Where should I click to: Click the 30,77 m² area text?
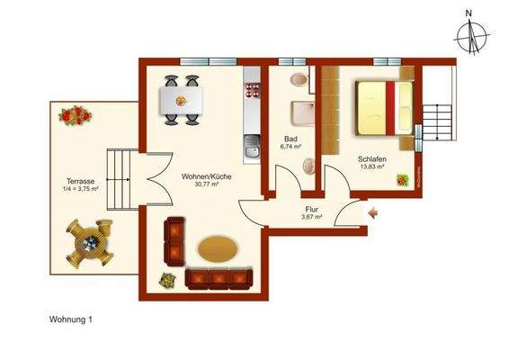pos(206,185)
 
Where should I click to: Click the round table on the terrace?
pos(90,243)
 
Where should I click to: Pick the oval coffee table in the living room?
pos(218,248)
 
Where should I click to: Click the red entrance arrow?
pos(374,213)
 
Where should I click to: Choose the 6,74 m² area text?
pos(290,149)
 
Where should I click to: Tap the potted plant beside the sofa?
pos(166,280)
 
